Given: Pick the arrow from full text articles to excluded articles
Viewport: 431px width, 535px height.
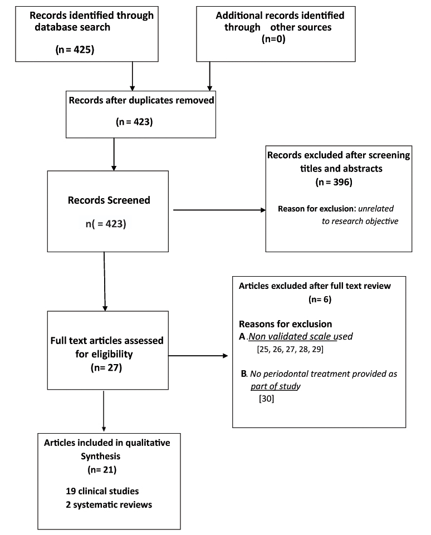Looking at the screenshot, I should point(197,355).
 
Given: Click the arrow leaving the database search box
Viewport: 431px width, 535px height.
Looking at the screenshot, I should point(133,75).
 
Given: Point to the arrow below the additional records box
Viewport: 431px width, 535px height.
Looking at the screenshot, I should point(209,75).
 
